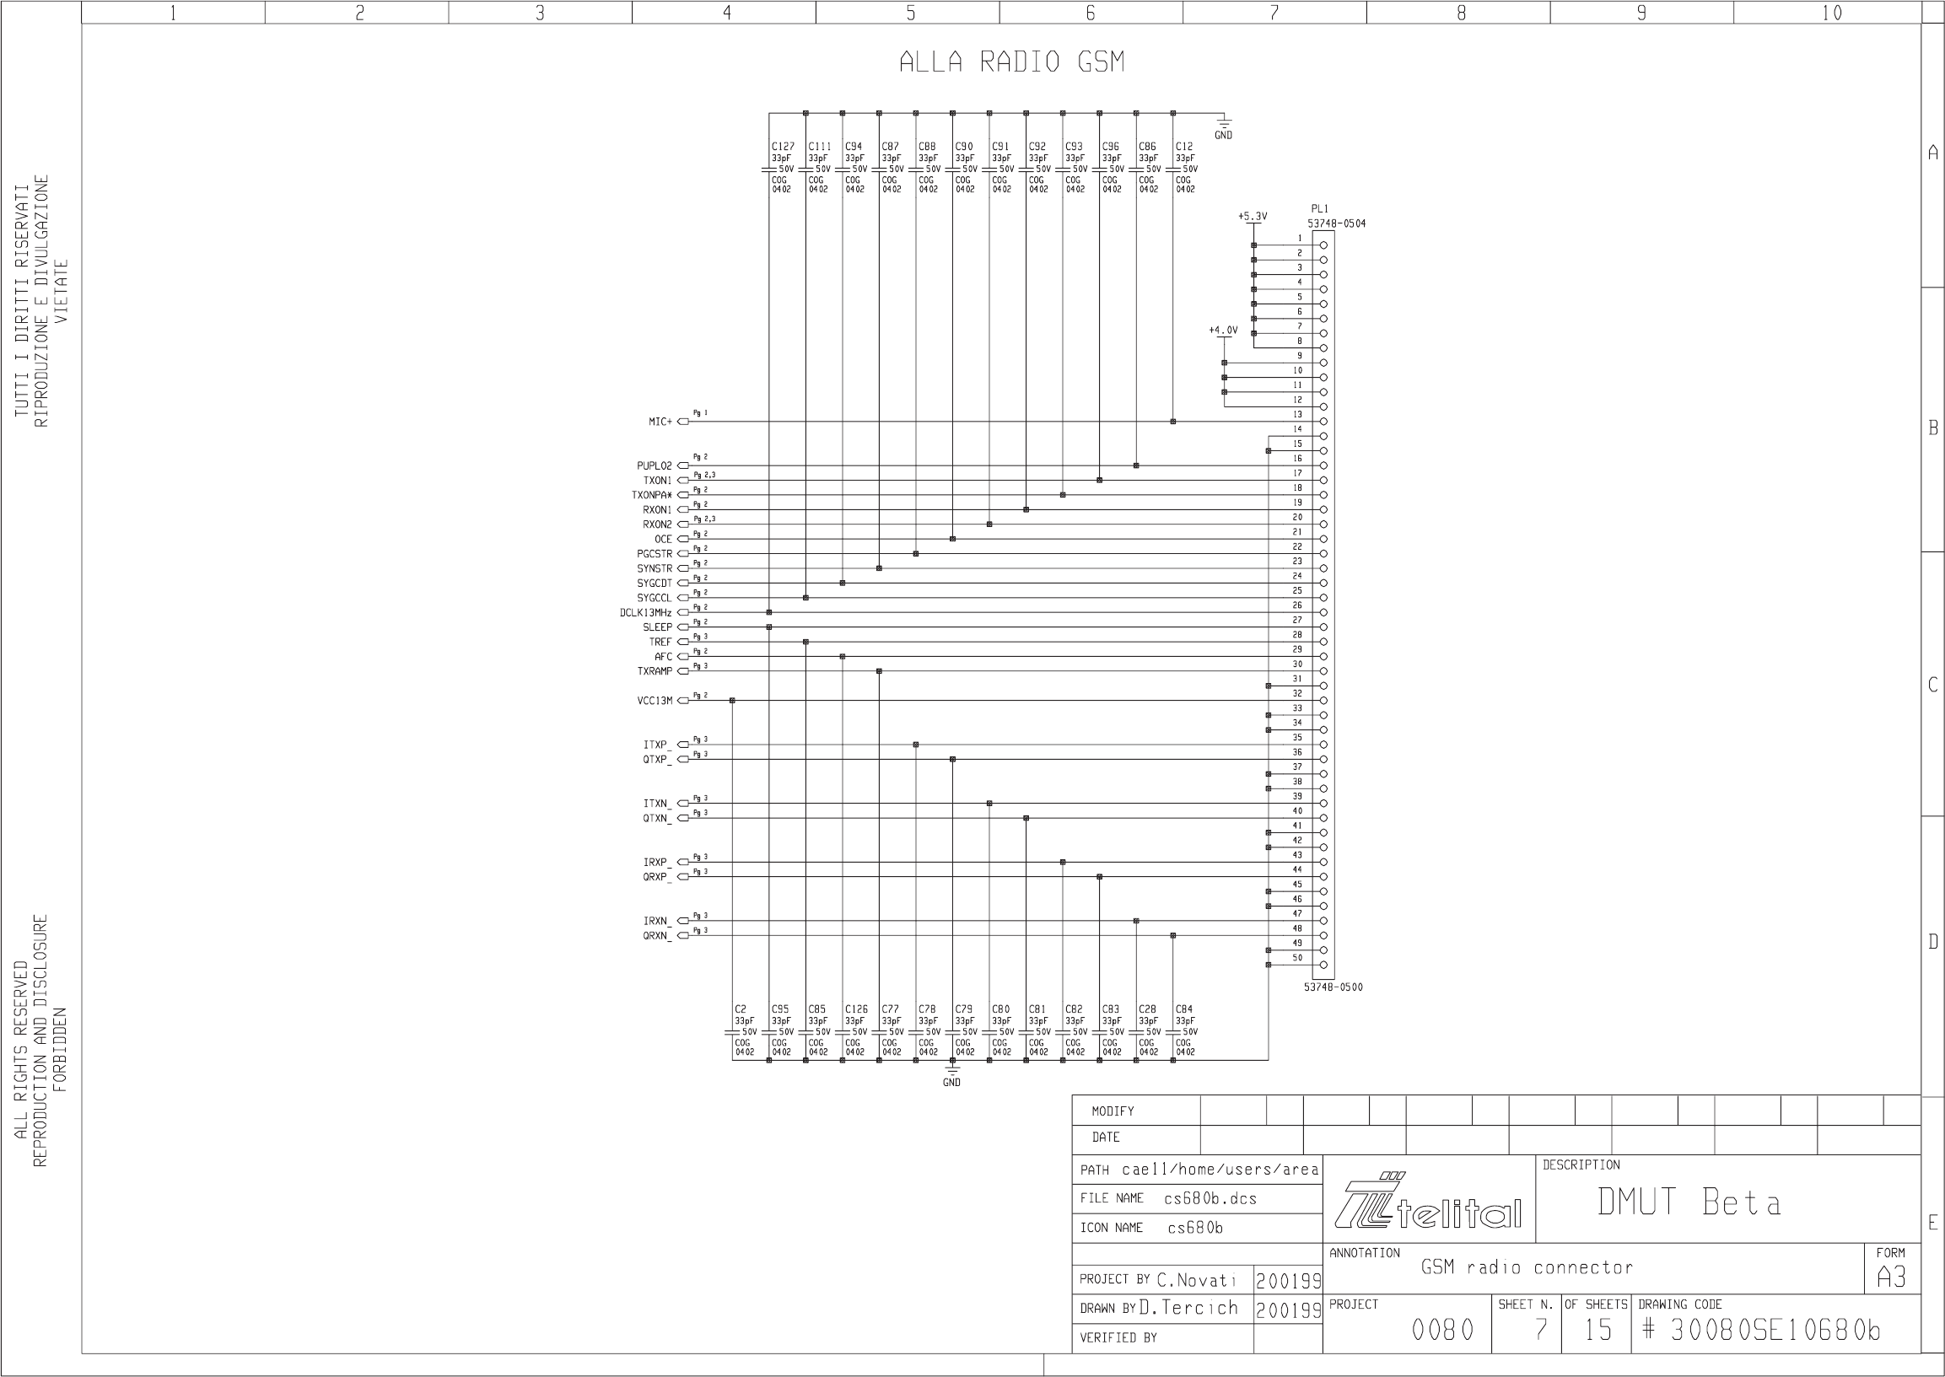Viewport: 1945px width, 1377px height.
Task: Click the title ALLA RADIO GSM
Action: point(1011,62)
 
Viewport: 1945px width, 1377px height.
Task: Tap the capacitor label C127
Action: point(782,147)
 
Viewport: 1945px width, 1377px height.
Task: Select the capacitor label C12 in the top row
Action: point(1184,147)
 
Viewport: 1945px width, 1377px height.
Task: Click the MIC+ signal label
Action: point(660,422)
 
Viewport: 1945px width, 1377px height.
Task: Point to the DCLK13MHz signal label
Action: point(645,613)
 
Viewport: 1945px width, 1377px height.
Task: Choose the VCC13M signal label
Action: point(655,702)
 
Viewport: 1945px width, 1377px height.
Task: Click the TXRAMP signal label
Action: point(655,671)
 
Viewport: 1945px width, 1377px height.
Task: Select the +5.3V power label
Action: point(1252,217)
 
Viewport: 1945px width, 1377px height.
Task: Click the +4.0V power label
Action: point(1223,331)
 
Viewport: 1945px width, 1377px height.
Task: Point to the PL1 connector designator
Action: point(1320,209)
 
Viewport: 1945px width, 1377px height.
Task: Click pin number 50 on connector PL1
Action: point(1297,958)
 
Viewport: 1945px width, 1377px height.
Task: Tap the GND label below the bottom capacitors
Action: point(951,1083)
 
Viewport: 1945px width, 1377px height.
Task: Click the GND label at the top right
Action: point(1223,136)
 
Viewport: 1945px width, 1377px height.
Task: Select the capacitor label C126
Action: point(856,1010)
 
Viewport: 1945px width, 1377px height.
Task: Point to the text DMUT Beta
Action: point(1689,1202)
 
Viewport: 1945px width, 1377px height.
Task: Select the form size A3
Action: point(1891,1277)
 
